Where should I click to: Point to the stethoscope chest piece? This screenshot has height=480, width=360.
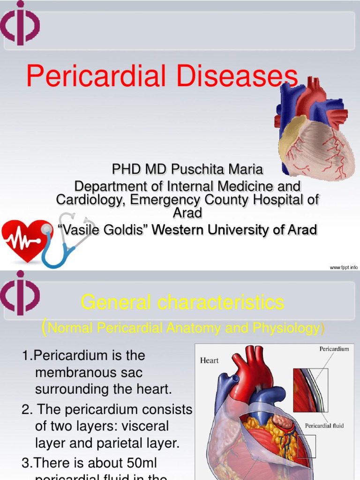[x=46, y=229]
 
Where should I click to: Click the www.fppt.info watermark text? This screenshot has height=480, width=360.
[x=344, y=267]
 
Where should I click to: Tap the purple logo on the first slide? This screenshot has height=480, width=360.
[x=19, y=23]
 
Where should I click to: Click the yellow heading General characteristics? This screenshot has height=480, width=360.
[x=182, y=303]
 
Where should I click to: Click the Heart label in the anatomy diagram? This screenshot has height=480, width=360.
[x=210, y=360]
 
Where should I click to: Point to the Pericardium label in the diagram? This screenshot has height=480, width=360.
[x=334, y=349]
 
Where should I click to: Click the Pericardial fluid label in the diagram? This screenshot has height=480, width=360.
[x=325, y=426]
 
